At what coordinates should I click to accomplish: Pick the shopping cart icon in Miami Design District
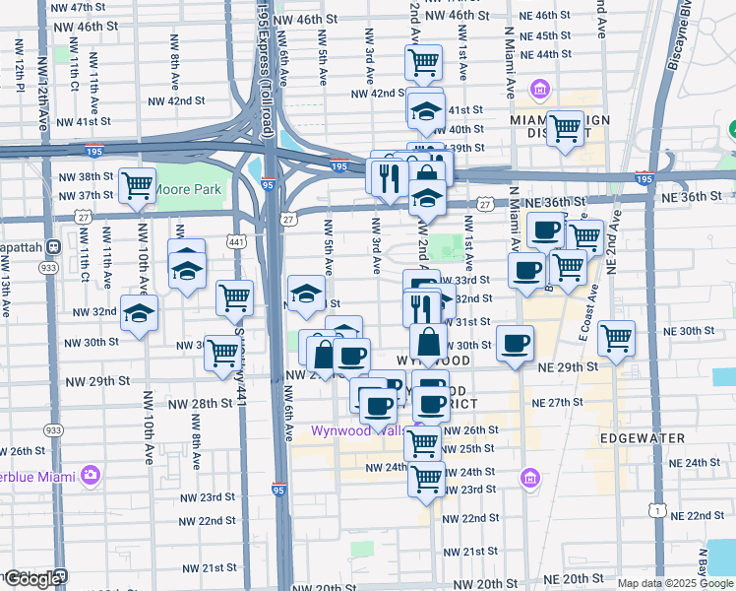tap(565, 128)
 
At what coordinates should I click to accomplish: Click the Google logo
tap(31, 579)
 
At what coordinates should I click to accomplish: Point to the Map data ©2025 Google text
tap(675, 583)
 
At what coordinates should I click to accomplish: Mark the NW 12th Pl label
tap(19, 67)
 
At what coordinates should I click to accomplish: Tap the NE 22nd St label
tap(698, 516)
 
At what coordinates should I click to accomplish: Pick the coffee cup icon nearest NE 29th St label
tap(515, 343)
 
